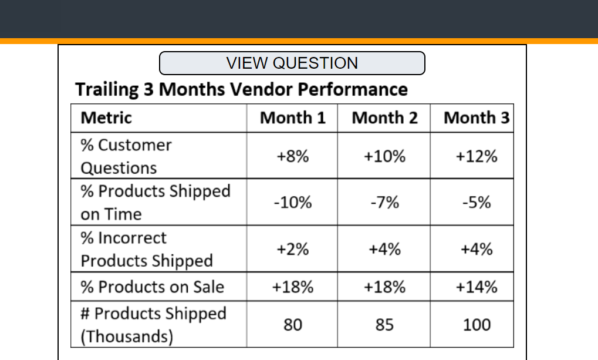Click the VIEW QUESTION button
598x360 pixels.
[x=292, y=63]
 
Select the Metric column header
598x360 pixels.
[x=106, y=118]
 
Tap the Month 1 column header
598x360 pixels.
[x=292, y=118]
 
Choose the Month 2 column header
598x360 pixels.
[x=384, y=118]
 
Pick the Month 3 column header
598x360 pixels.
[x=477, y=118]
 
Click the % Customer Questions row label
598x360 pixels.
[x=126, y=156]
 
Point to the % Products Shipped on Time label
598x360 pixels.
[x=155, y=203]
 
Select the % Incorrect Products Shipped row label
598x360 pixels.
[x=146, y=249]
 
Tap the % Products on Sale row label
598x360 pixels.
[x=152, y=287]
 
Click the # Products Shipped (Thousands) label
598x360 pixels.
[x=153, y=325]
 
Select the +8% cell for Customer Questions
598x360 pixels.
[x=292, y=156]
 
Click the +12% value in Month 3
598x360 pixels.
[x=477, y=156]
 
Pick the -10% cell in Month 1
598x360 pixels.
[x=292, y=203]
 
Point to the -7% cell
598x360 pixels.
[x=384, y=203]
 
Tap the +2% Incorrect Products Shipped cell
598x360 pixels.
[x=292, y=249]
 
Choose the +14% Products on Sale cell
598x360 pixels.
[x=477, y=287]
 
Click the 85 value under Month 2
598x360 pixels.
[x=384, y=325]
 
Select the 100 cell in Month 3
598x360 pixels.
[x=477, y=325]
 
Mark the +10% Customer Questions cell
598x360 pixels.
[x=384, y=156]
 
